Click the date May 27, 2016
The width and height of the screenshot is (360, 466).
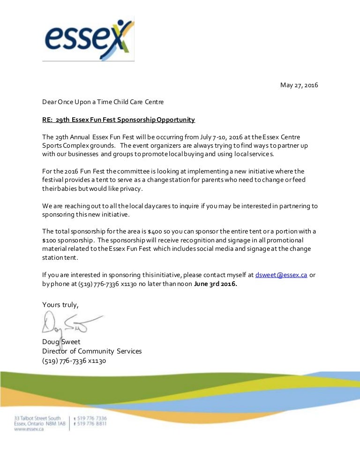pyautogui.click(x=299, y=85)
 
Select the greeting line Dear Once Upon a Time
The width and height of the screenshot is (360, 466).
pyautogui.click(x=103, y=102)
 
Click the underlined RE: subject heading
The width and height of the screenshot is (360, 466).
pyautogui.click(x=118, y=120)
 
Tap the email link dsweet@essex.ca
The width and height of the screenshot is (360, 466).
pyautogui.click(x=281, y=275)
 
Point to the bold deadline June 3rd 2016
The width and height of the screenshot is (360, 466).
pyautogui.click(x=216, y=284)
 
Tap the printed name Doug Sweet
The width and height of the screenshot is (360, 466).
pyautogui.click(x=61, y=342)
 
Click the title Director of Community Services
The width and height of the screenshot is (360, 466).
pyautogui.click(x=92, y=351)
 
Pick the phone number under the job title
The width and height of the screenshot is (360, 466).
pyautogui.click(x=74, y=361)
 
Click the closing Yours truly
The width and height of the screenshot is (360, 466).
pyautogui.click(x=60, y=305)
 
